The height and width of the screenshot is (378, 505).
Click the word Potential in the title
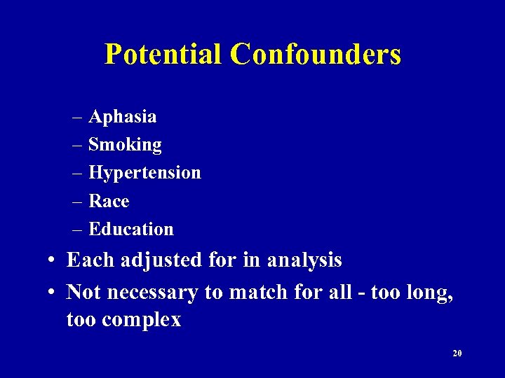click(163, 54)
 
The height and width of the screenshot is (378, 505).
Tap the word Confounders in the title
click(315, 54)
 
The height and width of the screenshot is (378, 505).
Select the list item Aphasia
click(123, 116)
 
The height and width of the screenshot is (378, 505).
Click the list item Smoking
click(125, 145)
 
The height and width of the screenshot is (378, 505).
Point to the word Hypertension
click(144, 173)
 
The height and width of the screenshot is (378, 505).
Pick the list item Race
click(109, 202)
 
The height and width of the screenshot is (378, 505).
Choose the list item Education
click(131, 230)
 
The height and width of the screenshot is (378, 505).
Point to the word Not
click(83, 292)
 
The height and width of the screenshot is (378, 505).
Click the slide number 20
click(457, 353)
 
